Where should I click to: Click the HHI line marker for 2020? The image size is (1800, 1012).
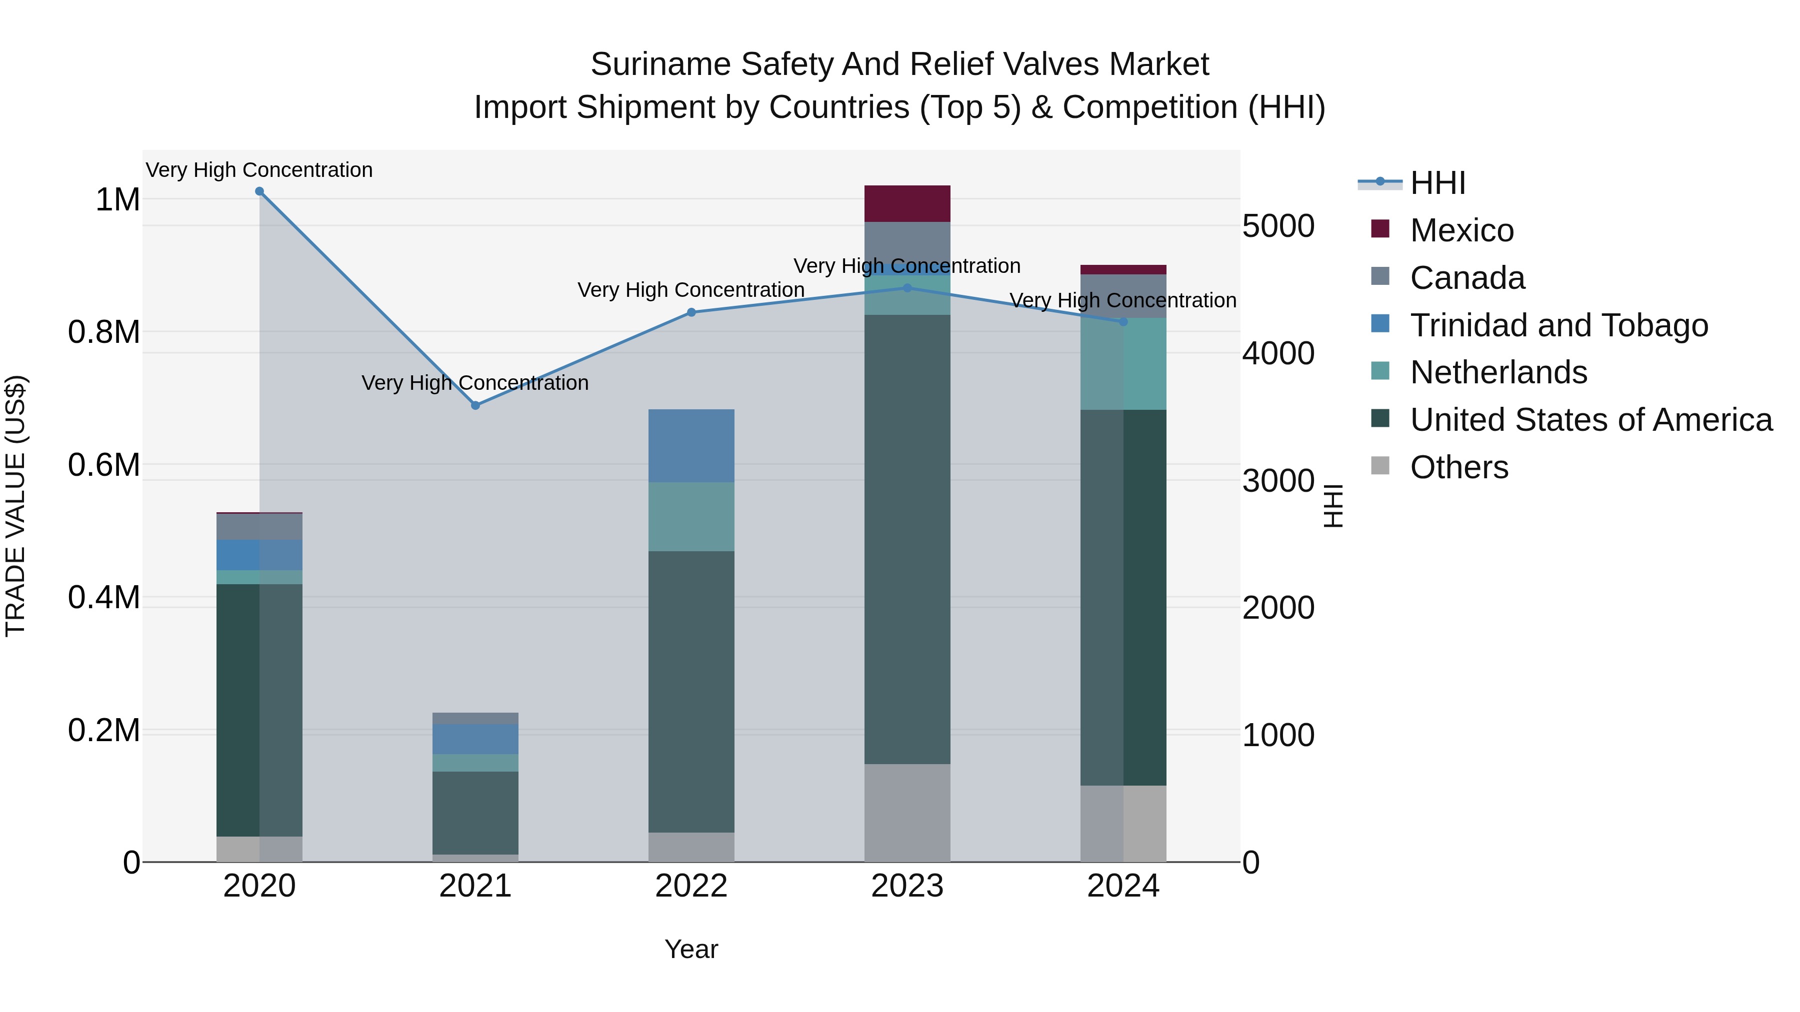259,191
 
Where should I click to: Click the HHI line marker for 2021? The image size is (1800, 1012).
475,405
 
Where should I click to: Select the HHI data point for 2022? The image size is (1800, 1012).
691,312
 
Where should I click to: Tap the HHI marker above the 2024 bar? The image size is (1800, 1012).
1123,322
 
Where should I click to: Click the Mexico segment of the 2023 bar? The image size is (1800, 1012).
907,204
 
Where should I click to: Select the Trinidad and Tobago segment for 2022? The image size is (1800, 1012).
691,446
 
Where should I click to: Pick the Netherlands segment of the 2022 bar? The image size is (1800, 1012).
691,517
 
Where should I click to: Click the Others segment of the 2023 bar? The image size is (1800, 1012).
907,812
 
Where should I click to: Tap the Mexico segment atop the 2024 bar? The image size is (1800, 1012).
1123,269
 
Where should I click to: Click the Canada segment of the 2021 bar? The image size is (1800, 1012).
475,718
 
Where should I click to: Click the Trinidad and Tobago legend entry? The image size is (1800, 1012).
1558,325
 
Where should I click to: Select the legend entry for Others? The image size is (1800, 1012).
1458,467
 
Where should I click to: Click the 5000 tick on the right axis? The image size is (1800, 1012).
1278,226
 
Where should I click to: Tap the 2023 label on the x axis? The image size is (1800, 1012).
907,886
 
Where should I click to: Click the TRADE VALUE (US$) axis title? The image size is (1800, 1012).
15,506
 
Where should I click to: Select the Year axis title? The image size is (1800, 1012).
691,949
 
